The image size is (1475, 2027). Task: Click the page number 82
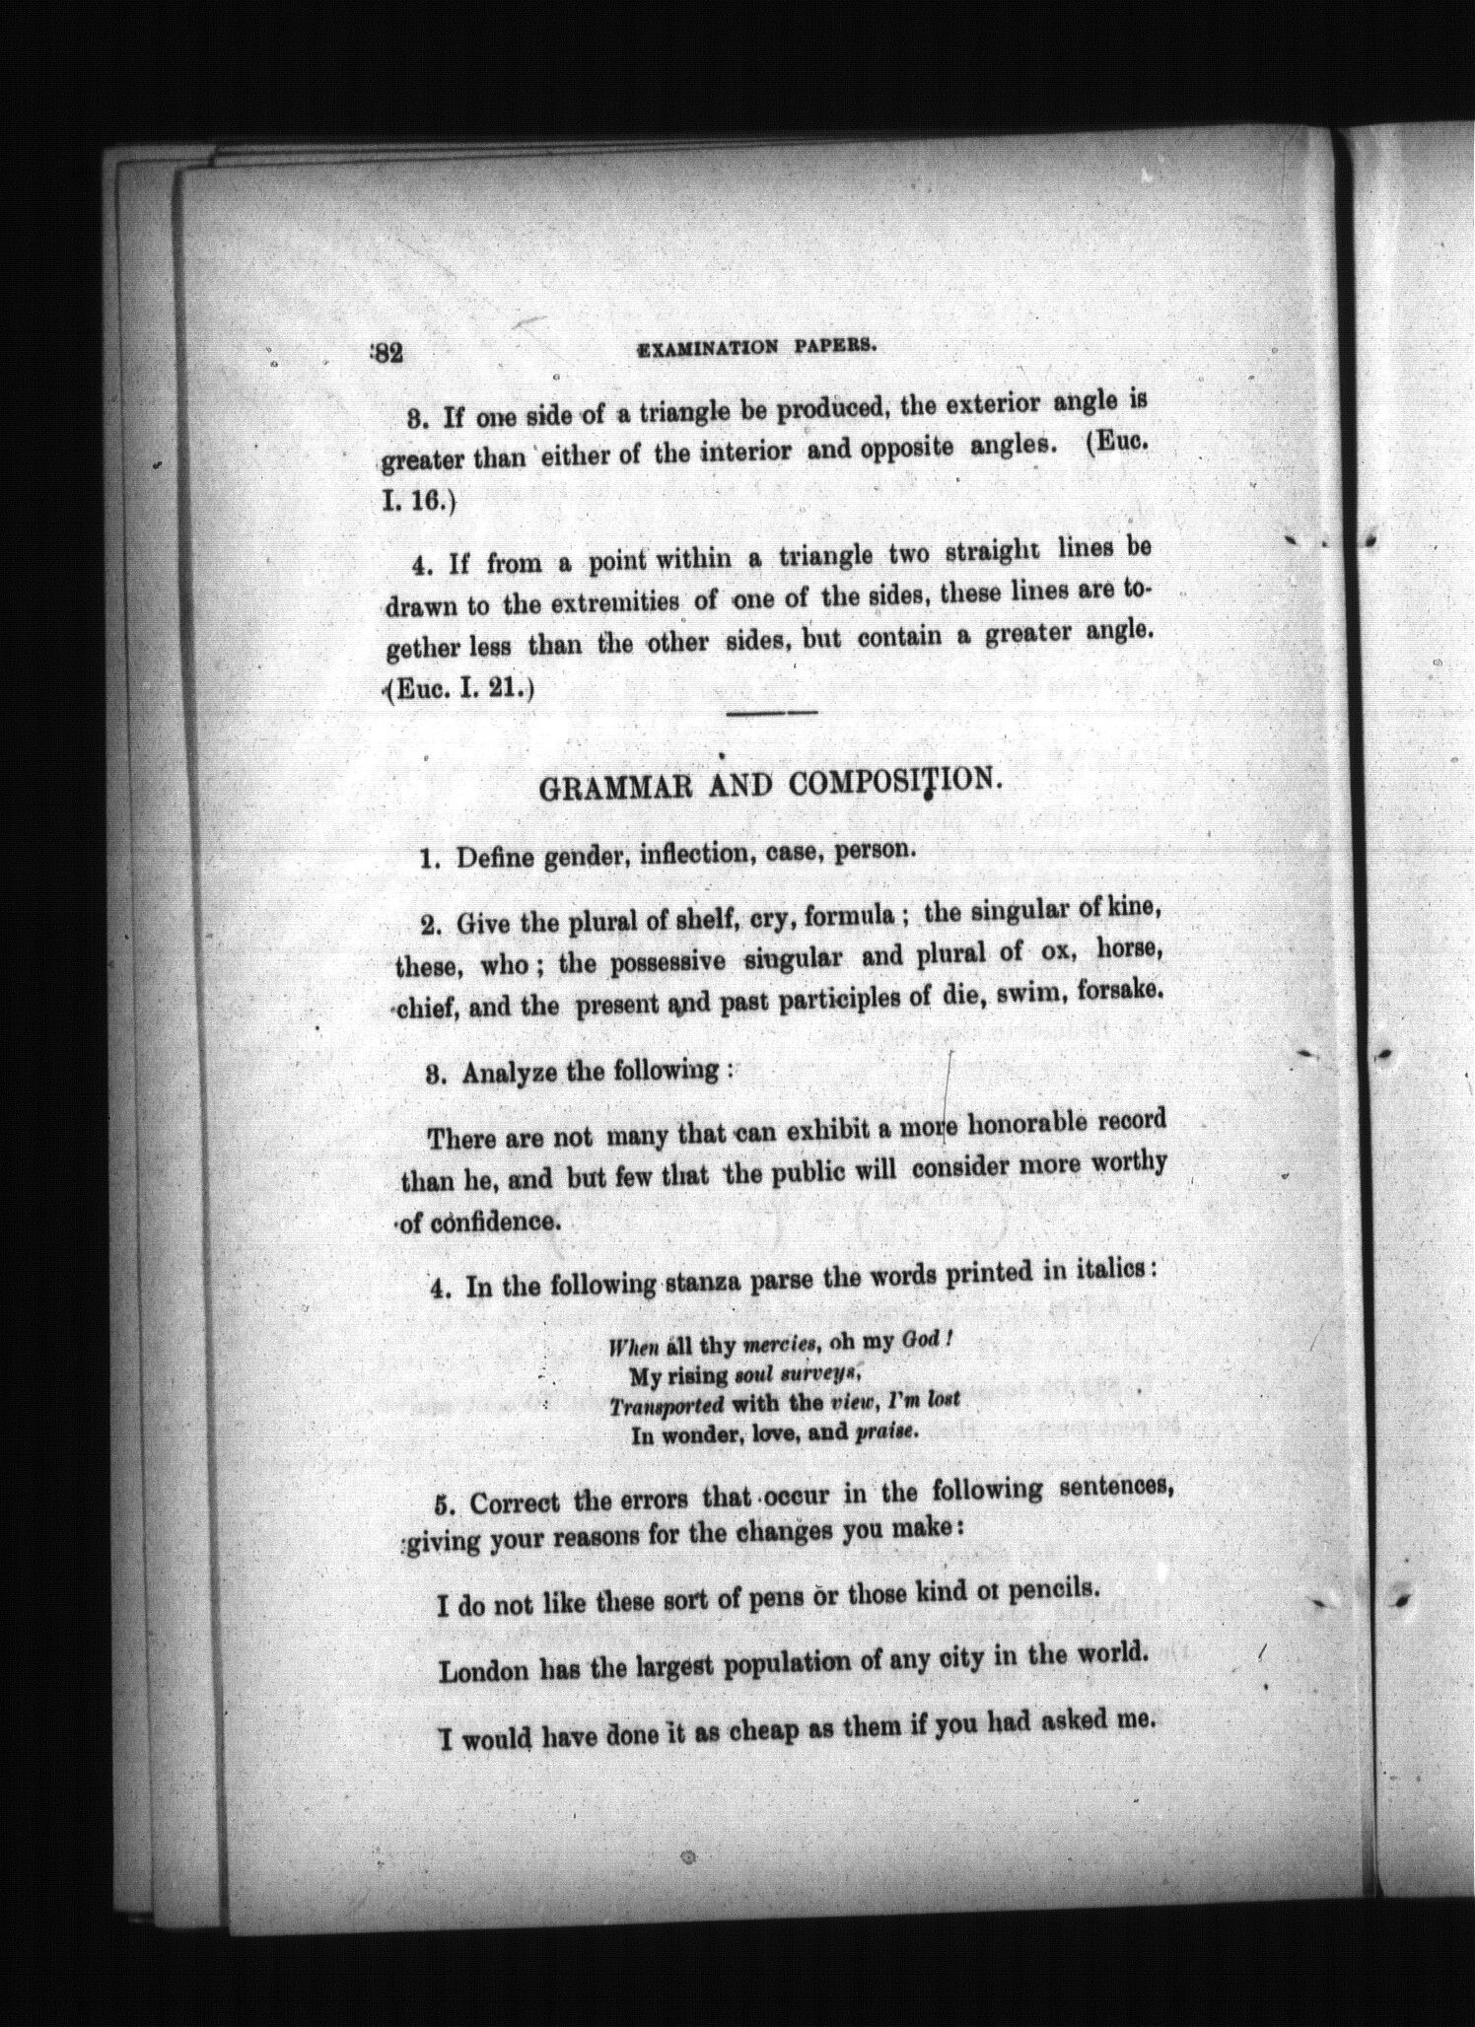[386, 353]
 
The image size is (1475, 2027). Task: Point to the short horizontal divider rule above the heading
[772, 713]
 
